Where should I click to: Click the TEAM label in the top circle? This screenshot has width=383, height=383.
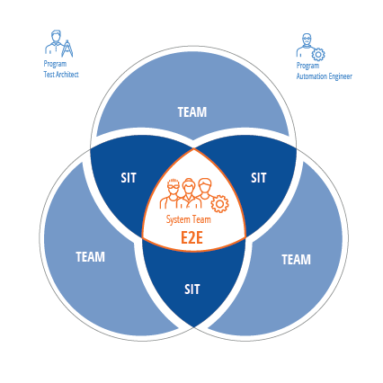(192, 112)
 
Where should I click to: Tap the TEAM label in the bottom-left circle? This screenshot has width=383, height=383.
(90, 257)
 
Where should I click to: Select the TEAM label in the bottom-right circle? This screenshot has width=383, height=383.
(296, 260)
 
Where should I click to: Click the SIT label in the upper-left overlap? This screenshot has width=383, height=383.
(129, 178)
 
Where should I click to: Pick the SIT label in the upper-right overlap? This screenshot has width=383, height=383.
(259, 178)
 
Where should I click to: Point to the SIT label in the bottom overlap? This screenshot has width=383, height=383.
(191, 289)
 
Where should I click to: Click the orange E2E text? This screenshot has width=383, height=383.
(191, 238)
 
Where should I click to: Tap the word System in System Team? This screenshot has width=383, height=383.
(177, 219)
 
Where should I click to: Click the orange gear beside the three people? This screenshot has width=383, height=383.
(219, 204)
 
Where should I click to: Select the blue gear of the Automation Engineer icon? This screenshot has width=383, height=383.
(318, 55)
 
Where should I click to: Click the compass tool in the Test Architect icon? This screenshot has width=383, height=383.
(67, 49)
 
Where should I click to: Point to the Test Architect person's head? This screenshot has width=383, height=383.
(56, 36)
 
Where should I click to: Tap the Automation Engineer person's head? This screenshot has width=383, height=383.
(307, 40)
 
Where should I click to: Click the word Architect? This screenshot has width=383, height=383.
(66, 75)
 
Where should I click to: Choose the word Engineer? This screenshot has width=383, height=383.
(340, 76)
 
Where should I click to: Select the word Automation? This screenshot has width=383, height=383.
(312, 76)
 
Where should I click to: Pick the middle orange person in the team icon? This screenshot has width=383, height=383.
(188, 193)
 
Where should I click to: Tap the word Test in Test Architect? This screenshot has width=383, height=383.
(48, 75)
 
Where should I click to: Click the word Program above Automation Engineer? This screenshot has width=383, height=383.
(307, 66)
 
